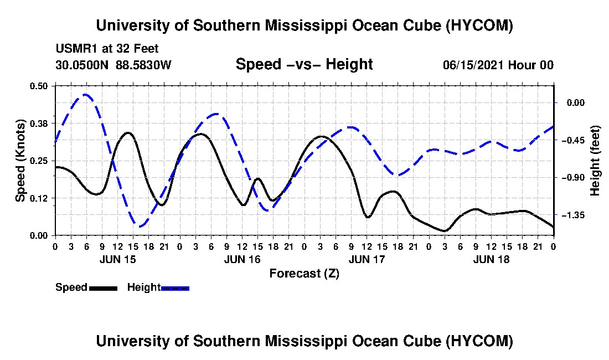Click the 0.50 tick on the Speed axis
38,86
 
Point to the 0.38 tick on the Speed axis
38,124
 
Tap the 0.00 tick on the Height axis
576,102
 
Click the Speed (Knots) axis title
20,161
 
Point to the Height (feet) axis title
595,161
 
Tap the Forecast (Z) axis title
304,274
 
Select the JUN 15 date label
118,259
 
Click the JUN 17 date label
367,259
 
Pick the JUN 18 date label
491,259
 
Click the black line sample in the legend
104,288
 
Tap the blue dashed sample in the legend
175,288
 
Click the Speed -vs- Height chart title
304,64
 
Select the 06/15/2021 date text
473,65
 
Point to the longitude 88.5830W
143,65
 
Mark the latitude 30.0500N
82,65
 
